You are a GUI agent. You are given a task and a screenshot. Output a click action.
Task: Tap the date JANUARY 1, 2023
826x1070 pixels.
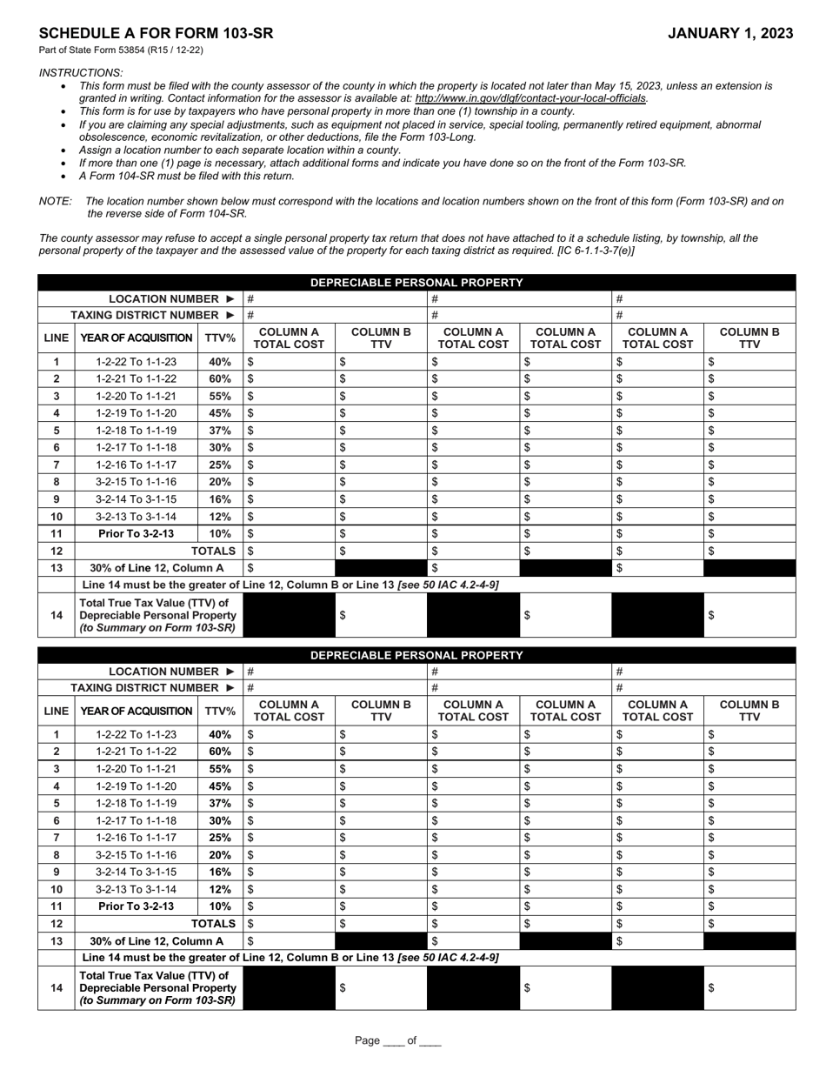point(730,34)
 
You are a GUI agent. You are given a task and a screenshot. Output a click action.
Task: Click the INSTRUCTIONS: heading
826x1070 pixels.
point(81,73)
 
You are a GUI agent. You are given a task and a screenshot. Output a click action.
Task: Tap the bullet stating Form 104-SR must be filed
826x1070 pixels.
point(187,176)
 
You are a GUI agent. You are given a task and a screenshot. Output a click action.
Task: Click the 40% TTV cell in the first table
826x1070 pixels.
point(220,362)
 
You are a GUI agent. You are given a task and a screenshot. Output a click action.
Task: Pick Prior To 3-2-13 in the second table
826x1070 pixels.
point(136,906)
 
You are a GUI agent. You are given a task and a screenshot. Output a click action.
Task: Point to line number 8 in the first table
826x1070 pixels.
point(56,482)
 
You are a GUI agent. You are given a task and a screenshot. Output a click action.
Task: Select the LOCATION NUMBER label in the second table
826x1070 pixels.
point(163,672)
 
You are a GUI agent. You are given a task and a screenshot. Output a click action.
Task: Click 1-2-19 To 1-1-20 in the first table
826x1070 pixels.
point(136,413)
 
